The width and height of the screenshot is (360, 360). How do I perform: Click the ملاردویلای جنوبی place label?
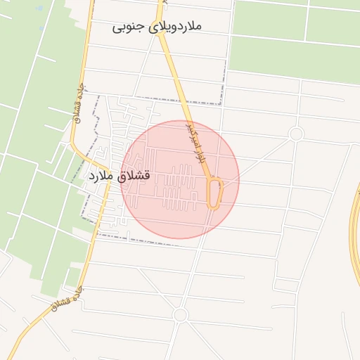click(x=157, y=27)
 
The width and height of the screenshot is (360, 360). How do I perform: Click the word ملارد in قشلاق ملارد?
click(x=98, y=176)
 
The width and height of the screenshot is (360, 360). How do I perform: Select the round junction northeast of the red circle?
click(x=296, y=134)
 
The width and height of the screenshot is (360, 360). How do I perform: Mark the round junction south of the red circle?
click(x=180, y=315)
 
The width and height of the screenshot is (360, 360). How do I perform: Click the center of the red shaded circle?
click(x=180, y=180)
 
